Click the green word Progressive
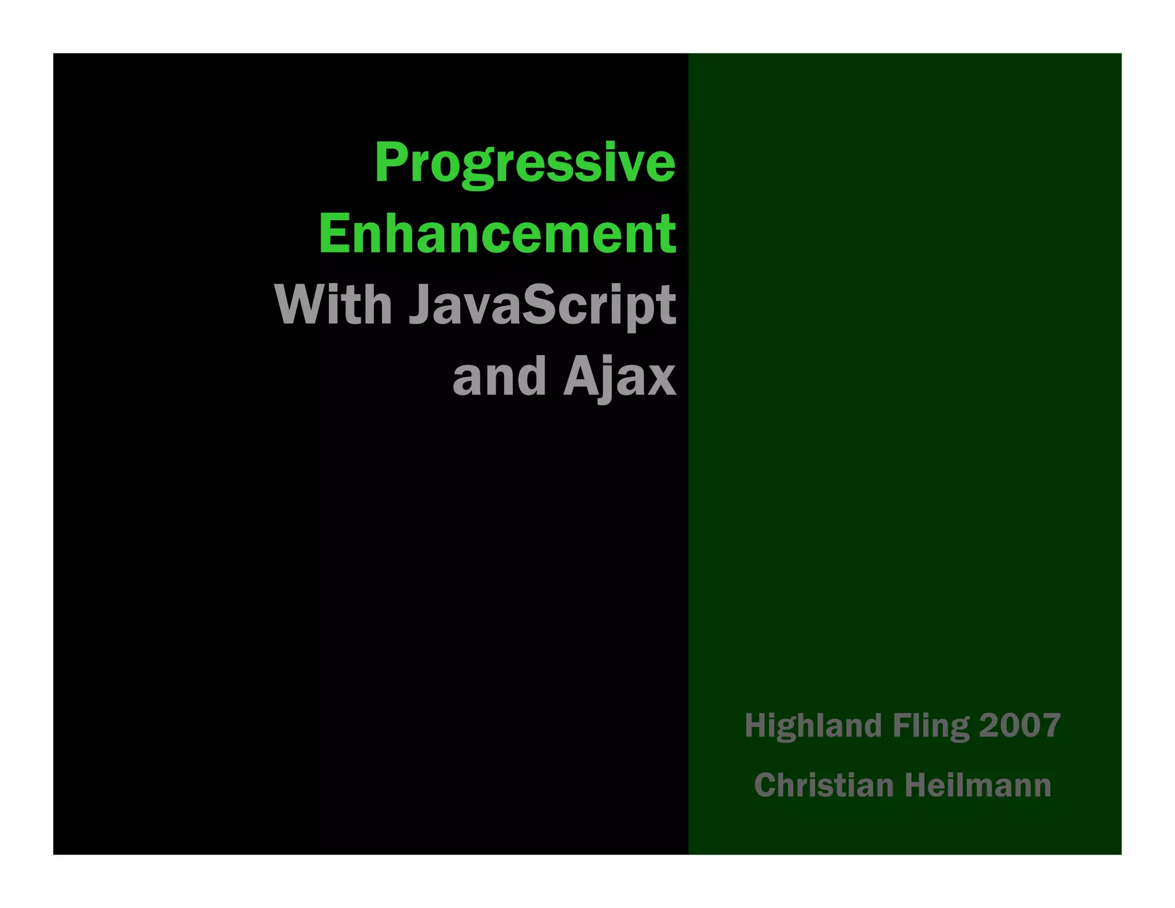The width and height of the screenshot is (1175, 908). point(525,163)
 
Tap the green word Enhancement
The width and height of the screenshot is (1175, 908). point(497,234)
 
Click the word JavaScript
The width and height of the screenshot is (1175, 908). point(543,305)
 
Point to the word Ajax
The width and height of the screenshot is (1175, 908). point(620,377)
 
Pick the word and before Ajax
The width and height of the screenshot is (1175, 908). point(499,377)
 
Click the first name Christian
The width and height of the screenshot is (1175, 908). point(824,785)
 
